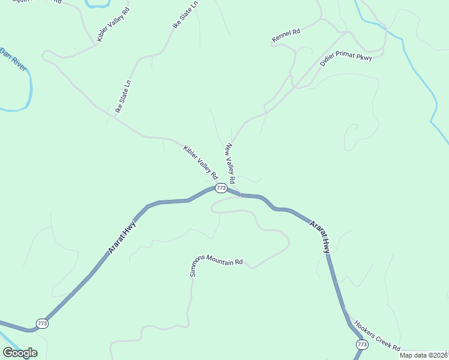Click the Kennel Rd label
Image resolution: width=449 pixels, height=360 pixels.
click(x=285, y=36)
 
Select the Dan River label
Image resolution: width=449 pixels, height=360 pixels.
click(x=14, y=59)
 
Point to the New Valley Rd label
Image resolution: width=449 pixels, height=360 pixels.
click(x=230, y=164)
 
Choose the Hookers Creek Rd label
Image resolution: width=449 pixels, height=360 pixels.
click(x=377, y=335)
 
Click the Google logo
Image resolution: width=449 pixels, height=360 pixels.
click(x=20, y=352)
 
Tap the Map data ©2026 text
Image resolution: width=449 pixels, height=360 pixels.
click(x=424, y=355)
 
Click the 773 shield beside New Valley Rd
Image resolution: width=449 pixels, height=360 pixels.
click(x=221, y=188)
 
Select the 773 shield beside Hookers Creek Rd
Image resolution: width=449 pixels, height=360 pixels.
click(x=362, y=344)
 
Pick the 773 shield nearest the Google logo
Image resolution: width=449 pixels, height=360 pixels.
click(x=42, y=323)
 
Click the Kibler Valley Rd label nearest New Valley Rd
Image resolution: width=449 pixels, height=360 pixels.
click(x=200, y=161)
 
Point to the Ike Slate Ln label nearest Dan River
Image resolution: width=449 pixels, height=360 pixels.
click(x=123, y=97)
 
